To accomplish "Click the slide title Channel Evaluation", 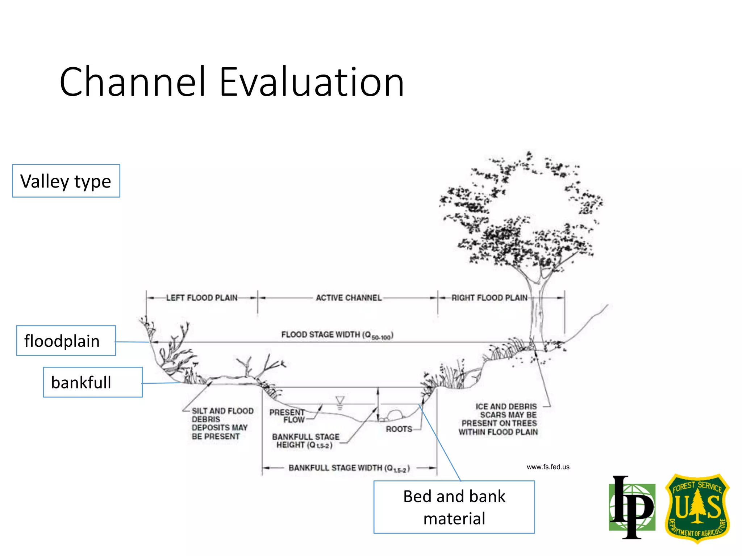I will pyautogui.click(x=232, y=82).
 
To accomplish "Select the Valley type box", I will pyautogui.click(x=66, y=181).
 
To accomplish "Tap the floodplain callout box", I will pyautogui.click(x=66, y=341).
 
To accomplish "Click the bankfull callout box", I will pyautogui.click(x=93, y=382).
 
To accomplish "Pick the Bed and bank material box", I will pyautogui.click(x=454, y=507).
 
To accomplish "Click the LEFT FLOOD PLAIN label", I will pyautogui.click(x=201, y=298).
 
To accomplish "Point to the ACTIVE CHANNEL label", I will pyautogui.click(x=349, y=298).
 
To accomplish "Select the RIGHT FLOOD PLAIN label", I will pyautogui.click(x=489, y=298).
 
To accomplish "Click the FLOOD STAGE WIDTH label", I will pyautogui.click(x=337, y=335).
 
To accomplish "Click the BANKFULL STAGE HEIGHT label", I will pyautogui.click(x=305, y=441).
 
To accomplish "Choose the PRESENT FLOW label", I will pyautogui.click(x=287, y=416).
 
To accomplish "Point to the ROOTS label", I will pyautogui.click(x=399, y=429).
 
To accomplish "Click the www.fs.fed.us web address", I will pyautogui.click(x=548, y=467).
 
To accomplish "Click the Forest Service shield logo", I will pyautogui.click(x=697, y=508).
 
